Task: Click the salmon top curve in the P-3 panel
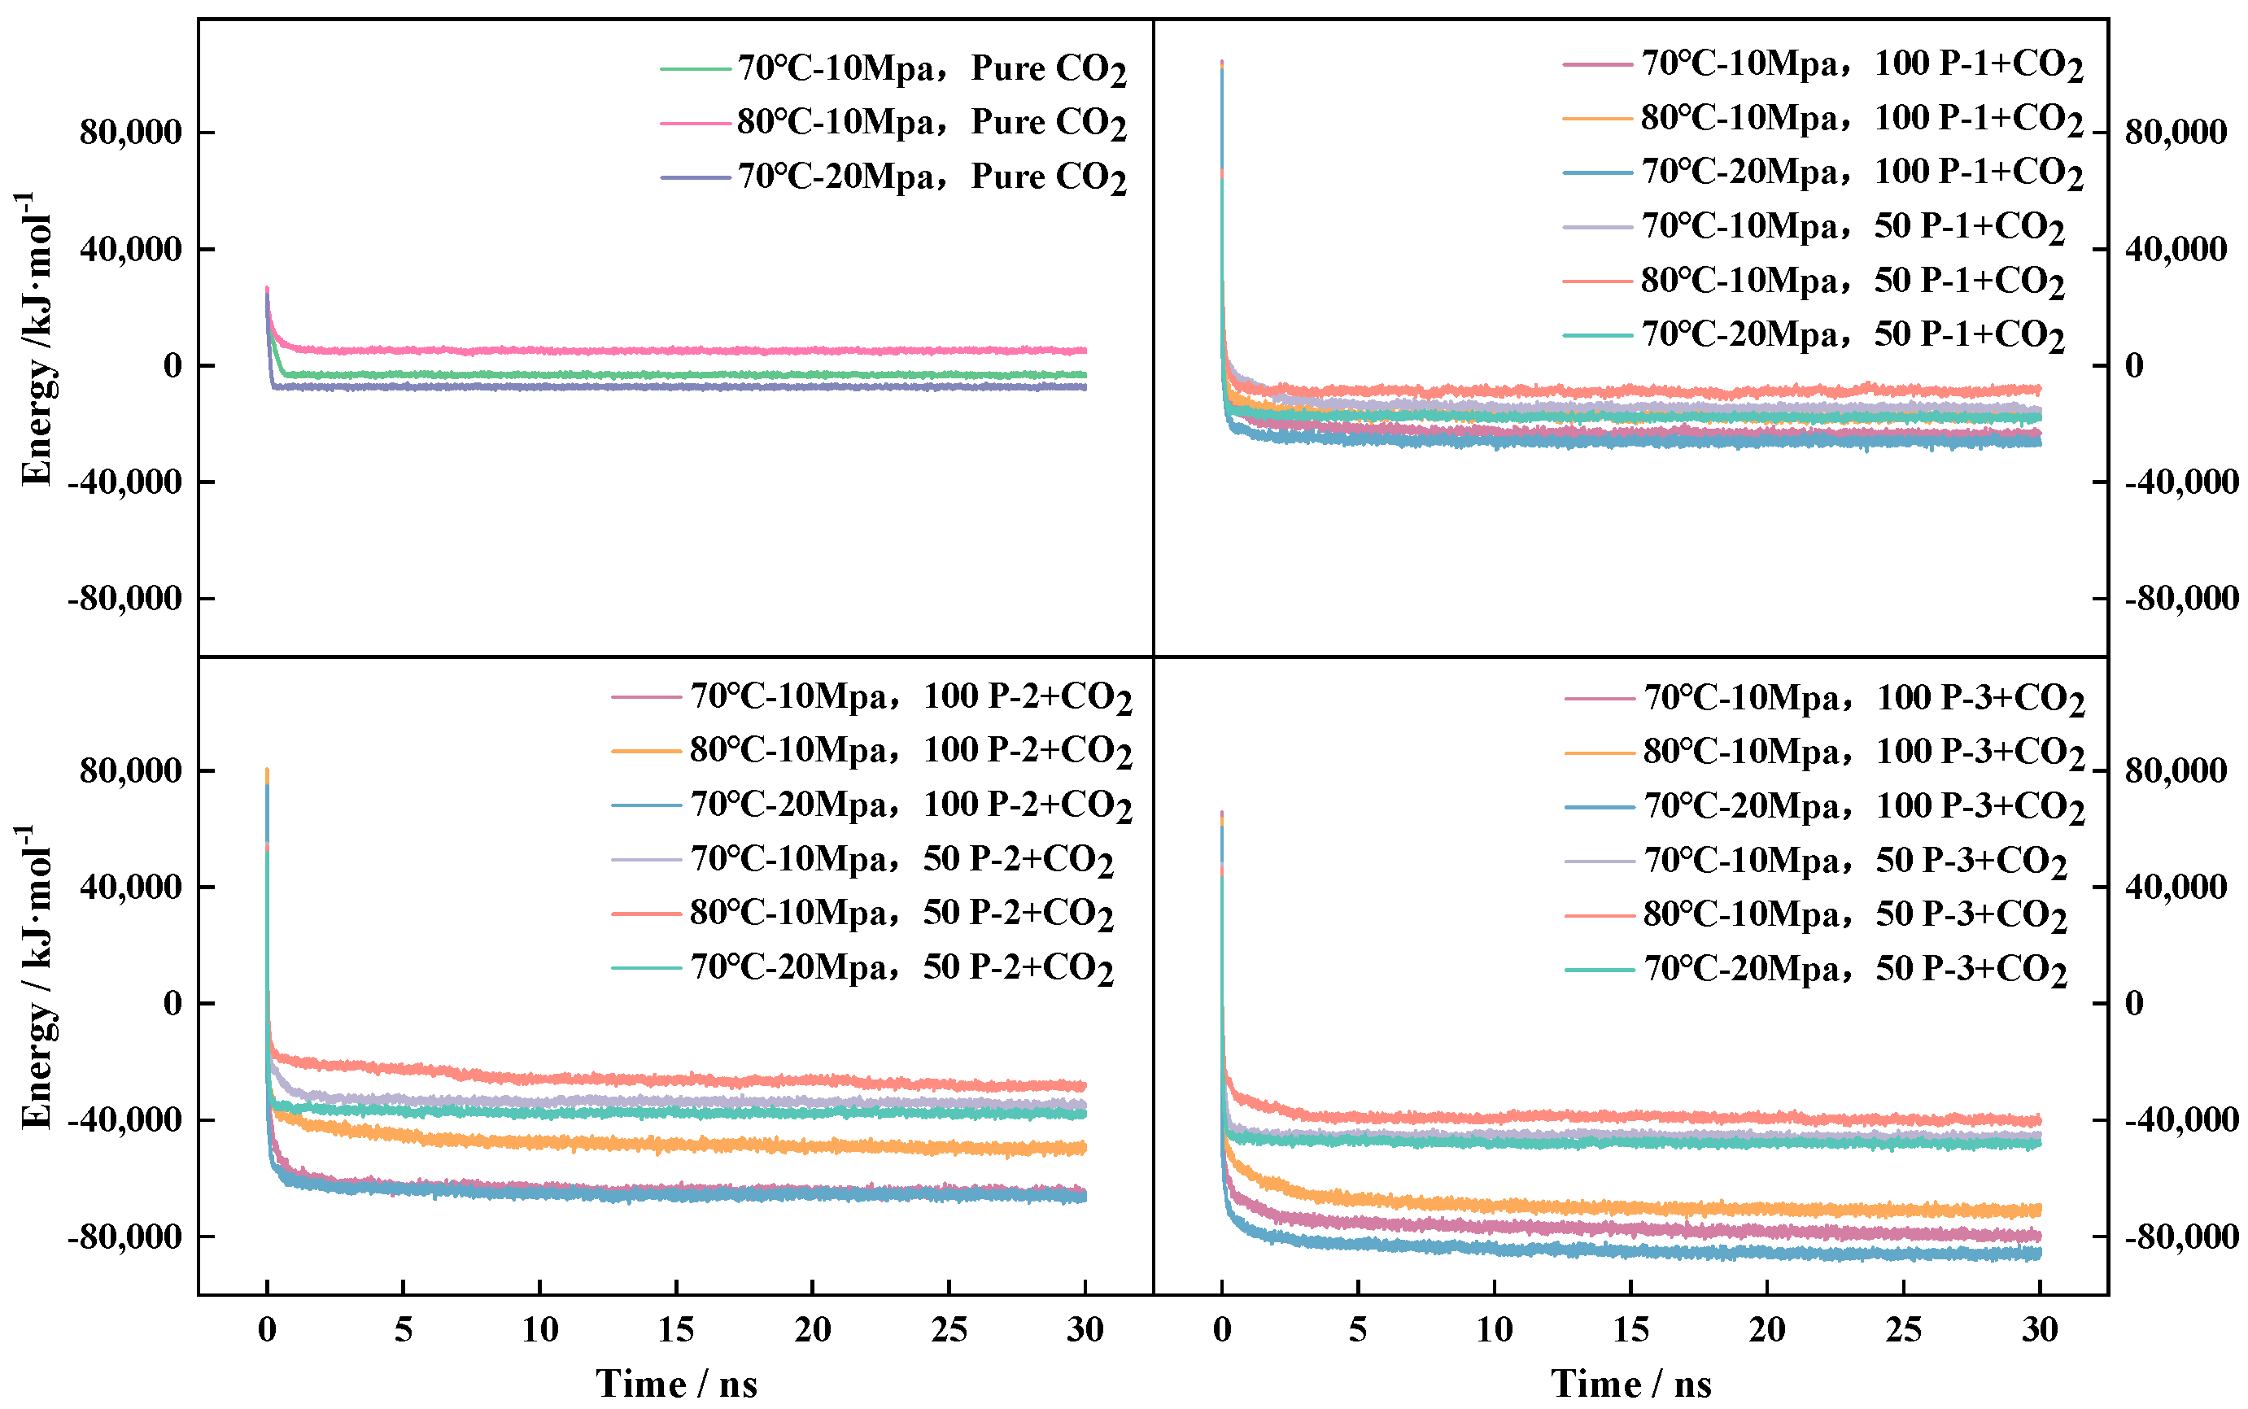[x=1631, y=1115]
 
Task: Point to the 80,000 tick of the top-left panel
[x=130, y=133]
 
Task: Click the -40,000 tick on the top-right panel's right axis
[x=2181, y=482]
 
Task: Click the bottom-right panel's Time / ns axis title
[x=1631, y=1384]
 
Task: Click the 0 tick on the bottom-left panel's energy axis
[x=173, y=1004]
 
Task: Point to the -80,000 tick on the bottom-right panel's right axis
[x=2181, y=1237]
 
